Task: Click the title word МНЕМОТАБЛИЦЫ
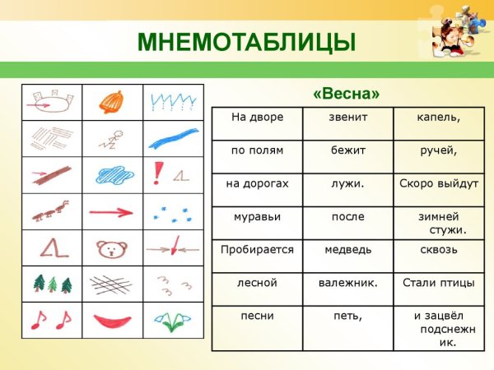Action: (x=246, y=41)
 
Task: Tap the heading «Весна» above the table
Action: (x=346, y=93)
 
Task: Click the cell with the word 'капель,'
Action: (x=439, y=118)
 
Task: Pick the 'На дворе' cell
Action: (x=257, y=118)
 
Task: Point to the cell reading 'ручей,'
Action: (x=439, y=150)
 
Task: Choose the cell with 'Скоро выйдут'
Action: (x=439, y=183)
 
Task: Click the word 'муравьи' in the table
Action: (x=257, y=216)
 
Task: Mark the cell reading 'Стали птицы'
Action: (x=439, y=283)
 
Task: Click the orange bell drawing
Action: (x=113, y=103)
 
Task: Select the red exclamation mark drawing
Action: (x=156, y=172)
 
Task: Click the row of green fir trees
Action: (x=52, y=284)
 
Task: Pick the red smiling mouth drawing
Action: (x=113, y=319)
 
